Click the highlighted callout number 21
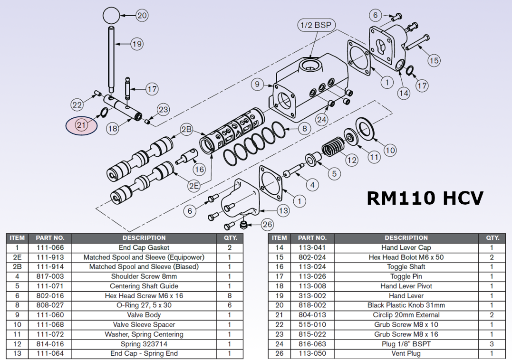81,125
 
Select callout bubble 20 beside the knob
142,15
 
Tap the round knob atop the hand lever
111,15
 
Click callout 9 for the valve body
257,85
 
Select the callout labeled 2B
186,129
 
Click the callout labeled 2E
193,186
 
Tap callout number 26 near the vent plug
268,225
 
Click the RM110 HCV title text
425,198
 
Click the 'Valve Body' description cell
144,315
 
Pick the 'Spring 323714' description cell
144,344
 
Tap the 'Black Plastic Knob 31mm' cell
406,305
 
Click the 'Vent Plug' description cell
406,354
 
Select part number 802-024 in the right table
312,257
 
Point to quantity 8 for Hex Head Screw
229,296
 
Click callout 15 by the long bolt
434,60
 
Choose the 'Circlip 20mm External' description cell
406,315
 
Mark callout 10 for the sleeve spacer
390,151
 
